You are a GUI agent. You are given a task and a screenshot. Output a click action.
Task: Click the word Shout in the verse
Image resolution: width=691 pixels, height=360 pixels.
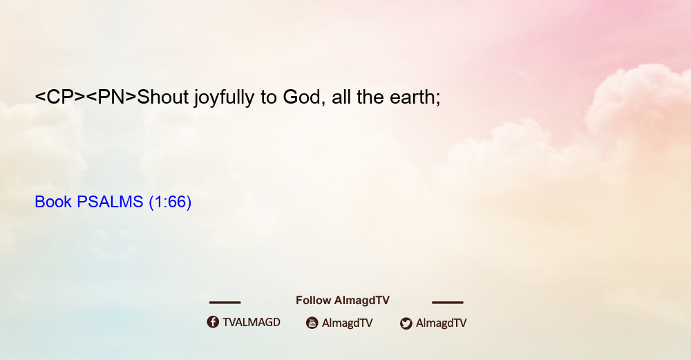tap(163, 97)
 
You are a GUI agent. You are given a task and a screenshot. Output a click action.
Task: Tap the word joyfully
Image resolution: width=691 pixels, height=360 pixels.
tap(225, 98)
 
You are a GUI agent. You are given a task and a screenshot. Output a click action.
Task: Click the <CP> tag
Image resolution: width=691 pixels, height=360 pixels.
tap(60, 97)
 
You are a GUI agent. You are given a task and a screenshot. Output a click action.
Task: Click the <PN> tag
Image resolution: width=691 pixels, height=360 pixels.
tap(111, 97)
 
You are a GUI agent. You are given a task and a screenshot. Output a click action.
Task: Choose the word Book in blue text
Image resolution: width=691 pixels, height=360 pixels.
tap(53, 202)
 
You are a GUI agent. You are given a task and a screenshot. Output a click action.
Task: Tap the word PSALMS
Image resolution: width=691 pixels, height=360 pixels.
tap(110, 202)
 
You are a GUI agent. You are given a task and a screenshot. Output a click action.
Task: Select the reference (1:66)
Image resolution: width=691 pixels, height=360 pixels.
tap(170, 202)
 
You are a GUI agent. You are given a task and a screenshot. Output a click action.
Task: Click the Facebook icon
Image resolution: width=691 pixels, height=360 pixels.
tap(213, 322)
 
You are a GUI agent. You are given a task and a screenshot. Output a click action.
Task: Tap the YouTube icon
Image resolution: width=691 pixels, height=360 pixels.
tap(312, 323)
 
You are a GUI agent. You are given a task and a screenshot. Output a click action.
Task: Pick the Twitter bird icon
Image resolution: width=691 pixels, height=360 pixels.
tap(406, 323)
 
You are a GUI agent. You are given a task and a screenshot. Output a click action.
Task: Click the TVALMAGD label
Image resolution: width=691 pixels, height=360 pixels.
tap(252, 323)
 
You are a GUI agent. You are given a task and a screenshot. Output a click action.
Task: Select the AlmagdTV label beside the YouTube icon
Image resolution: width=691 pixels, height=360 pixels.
tap(348, 323)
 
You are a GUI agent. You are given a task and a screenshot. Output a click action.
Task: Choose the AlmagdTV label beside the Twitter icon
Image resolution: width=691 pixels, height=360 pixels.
tap(441, 323)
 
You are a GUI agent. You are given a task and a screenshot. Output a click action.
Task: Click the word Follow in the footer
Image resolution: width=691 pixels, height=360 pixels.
tap(313, 301)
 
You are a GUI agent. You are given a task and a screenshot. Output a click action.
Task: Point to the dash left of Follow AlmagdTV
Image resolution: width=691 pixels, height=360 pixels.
tap(225, 303)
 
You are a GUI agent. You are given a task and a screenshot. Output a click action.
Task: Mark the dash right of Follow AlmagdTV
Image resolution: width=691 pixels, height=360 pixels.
tap(448, 303)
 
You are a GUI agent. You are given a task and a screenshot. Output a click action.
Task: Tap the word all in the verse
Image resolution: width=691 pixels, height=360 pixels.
tap(341, 97)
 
